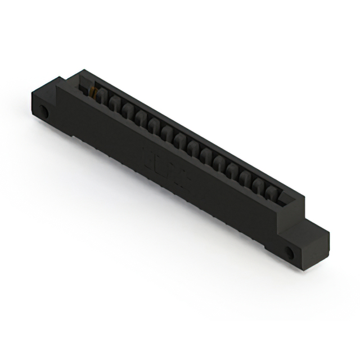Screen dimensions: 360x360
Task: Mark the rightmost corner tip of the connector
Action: tap(329, 229)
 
